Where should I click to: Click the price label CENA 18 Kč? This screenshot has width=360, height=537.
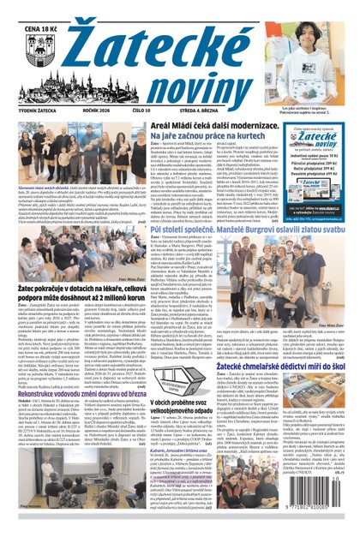coord(33,9)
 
